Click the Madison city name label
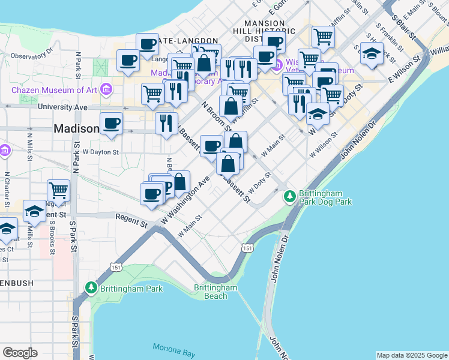pyautogui.click(x=76, y=128)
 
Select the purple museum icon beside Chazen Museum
pyautogui.click(x=106, y=90)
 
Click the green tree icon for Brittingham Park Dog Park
pyautogui.click(x=289, y=196)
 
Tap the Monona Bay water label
pyautogui.click(x=172, y=347)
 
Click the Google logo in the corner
pyautogui.click(x=20, y=352)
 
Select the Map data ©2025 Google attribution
pyautogui.click(x=412, y=355)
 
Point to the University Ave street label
pyautogui.click(x=62, y=107)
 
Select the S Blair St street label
pyautogui.click(x=404, y=25)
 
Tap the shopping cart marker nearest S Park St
pyautogui.click(x=59, y=190)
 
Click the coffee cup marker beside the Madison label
pyautogui.click(x=111, y=124)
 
